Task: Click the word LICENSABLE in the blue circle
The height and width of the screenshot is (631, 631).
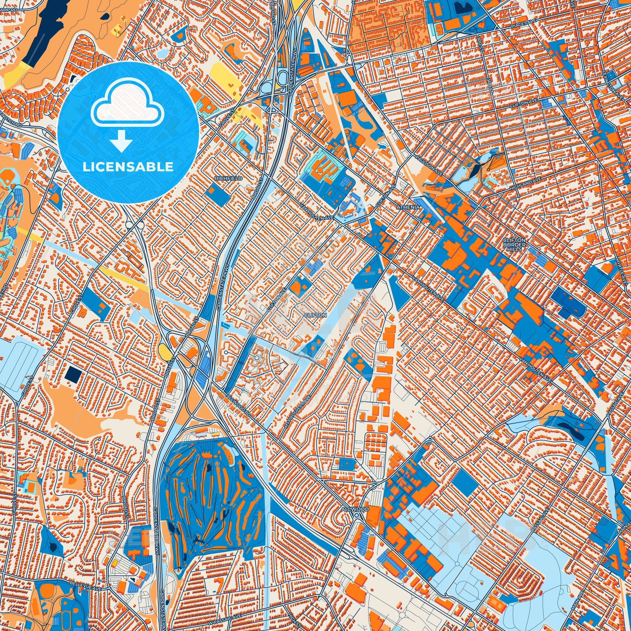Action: (x=128, y=167)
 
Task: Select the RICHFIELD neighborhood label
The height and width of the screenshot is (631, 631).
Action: (x=224, y=179)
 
